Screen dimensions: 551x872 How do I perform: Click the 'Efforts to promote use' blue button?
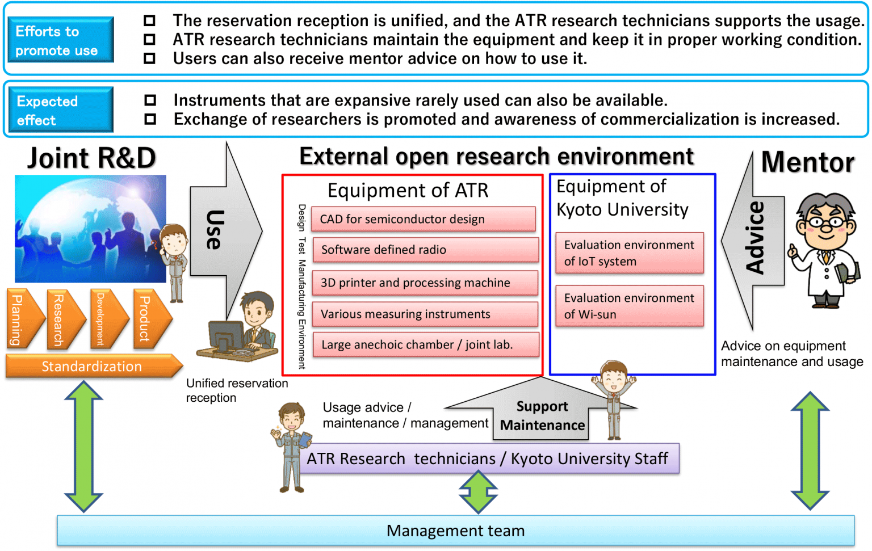(61, 40)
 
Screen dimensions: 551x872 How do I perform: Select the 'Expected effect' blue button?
(61, 110)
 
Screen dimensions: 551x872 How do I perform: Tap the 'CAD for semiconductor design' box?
(424, 219)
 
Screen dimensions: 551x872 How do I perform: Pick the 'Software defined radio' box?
(425, 250)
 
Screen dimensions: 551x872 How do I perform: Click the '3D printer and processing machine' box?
(425, 283)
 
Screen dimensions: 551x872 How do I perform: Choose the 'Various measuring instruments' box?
(425, 314)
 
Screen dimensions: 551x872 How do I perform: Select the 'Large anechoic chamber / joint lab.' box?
(425, 344)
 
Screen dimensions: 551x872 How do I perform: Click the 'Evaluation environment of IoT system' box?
(629, 253)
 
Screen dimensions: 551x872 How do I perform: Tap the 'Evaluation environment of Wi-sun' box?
(629, 306)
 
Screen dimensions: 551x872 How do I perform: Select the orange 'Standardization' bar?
(92, 367)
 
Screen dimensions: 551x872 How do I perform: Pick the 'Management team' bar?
(455, 531)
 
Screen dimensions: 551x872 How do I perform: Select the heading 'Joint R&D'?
(91, 158)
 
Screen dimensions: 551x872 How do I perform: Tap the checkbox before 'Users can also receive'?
(149, 58)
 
